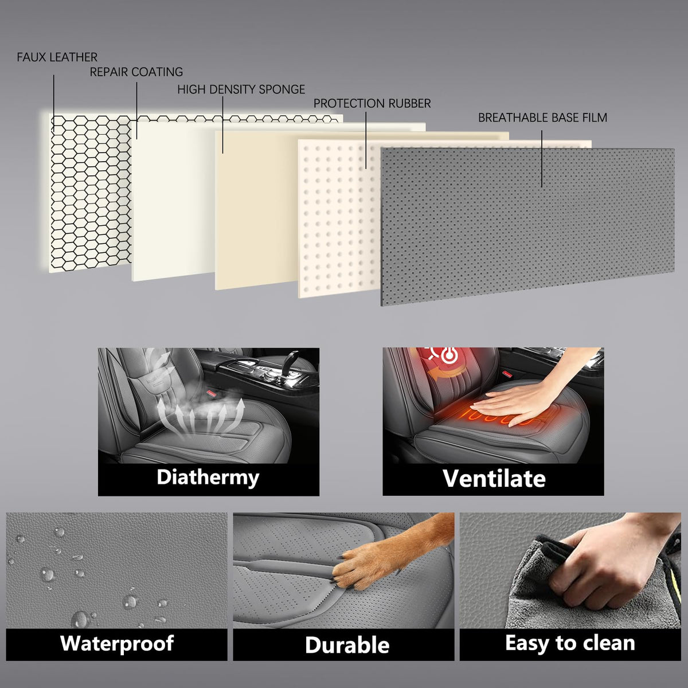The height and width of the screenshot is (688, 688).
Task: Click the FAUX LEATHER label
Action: [x=57, y=57]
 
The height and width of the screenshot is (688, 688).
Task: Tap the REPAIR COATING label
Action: [x=136, y=72]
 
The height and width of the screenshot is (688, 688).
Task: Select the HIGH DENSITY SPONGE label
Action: [x=241, y=89]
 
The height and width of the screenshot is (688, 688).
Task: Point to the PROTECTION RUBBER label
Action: [x=372, y=104]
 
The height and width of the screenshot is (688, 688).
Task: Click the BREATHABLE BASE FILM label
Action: [x=542, y=118]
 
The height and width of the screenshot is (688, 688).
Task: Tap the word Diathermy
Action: [x=208, y=478]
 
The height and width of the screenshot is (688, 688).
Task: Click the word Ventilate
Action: [x=494, y=478]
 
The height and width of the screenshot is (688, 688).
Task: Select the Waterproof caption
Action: [x=117, y=643]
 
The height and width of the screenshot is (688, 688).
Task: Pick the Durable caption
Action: [x=347, y=645]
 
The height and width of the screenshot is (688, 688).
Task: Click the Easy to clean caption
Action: [x=570, y=643]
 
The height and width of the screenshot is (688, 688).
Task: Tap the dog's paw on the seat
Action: [x=351, y=571]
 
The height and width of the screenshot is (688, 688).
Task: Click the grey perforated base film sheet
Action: [x=527, y=226]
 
